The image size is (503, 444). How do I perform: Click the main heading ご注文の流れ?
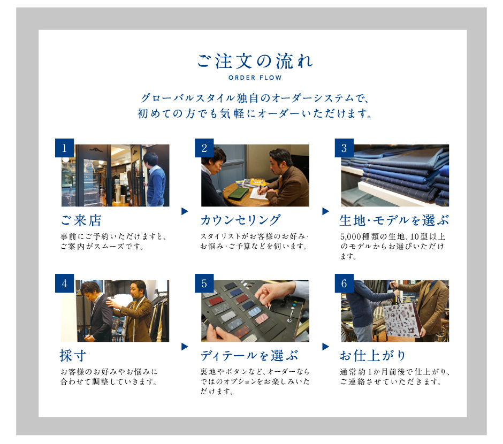[x=255, y=61]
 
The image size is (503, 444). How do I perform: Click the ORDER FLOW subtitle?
[x=255, y=78]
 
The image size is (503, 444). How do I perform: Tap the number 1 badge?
[x=64, y=148]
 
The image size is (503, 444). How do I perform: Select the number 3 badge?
[x=344, y=148]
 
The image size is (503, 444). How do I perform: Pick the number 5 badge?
[x=204, y=284]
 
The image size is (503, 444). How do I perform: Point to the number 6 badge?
[x=344, y=284]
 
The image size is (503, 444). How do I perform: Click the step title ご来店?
[x=81, y=220]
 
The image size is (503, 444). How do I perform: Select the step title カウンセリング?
[x=241, y=220]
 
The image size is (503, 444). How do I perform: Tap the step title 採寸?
[x=73, y=356]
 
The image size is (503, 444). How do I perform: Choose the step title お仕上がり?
[x=373, y=356]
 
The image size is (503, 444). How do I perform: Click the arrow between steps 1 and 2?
[x=185, y=211]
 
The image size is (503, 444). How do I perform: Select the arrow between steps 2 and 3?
[x=325, y=211]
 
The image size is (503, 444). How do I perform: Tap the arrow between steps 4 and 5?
[x=185, y=347]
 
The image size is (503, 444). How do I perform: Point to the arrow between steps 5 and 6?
[x=325, y=347]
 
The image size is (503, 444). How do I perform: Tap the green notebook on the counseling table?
[x=238, y=193]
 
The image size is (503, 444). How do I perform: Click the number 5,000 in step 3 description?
[x=350, y=237]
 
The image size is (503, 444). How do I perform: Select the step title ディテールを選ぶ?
[x=249, y=356]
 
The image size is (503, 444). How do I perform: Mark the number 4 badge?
[x=64, y=284]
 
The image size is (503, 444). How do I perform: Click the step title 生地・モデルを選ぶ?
[x=394, y=220]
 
